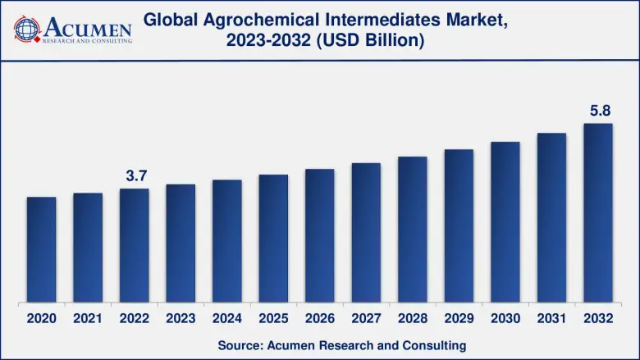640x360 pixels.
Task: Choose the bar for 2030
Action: (505, 221)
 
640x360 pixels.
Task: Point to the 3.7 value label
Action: (135, 175)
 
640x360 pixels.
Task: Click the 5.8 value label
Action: (598, 109)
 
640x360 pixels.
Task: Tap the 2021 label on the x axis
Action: (88, 317)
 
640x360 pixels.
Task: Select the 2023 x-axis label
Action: (181, 317)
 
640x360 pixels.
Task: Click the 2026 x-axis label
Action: (320, 317)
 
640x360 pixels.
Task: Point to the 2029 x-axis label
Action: (459, 317)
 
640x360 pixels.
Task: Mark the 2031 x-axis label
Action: (551, 317)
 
